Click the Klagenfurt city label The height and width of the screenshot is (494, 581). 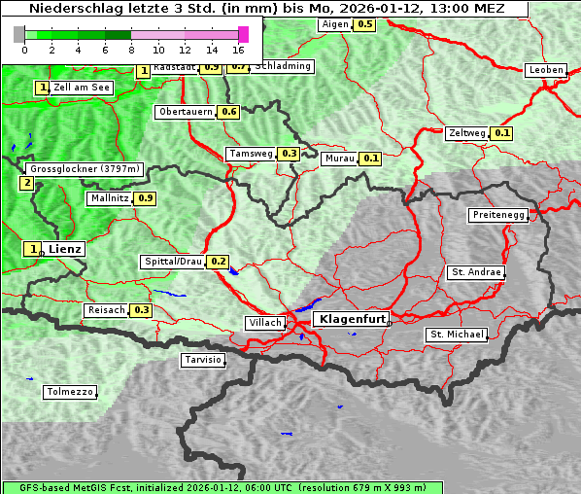click(353, 318)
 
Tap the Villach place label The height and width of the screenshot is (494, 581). click(264, 323)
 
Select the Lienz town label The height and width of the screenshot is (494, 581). click(65, 249)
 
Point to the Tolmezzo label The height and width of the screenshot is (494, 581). click(70, 393)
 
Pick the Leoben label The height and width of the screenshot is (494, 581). click(545, 70)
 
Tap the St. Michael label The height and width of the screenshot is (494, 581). click(457, 335)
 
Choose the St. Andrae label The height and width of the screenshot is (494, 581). click(475, 272)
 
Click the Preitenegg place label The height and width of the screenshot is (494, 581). click(498, 215)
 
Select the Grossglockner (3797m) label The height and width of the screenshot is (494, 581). click(85, 169)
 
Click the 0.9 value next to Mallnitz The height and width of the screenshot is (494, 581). click(145, 198)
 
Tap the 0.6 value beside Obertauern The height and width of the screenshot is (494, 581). click(228, 112)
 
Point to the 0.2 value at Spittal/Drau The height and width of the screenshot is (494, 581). click(219, 262)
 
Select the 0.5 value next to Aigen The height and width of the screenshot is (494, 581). click(364, 24)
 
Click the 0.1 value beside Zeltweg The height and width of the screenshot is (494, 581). click(502, 133)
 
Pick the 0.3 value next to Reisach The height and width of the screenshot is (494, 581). click(142, 310)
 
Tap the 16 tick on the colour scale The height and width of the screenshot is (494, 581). click(238, 50)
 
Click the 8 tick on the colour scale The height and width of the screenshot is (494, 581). click(131, 50)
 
